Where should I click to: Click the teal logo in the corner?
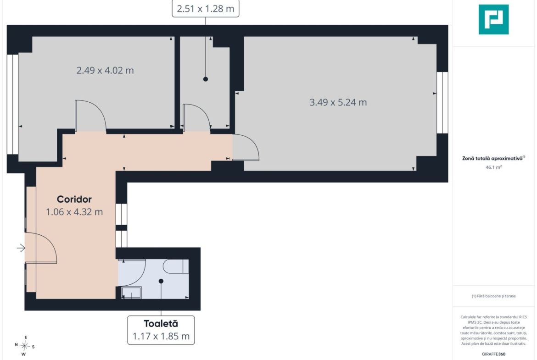pyautogui.click(x=493, y=19)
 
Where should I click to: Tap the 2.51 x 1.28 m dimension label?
pyautogui.click(x=206, y=9)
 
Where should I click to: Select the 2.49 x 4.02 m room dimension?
pyautogui.click(x=105, y=70)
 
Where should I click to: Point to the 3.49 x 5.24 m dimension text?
pyautogui.click(x=338, y=102)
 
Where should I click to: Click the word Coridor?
pyautogui.click(x=74, y=199)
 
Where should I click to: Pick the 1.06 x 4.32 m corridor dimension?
pyautogui.click(x=74, y=212)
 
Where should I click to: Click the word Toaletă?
pyautogui.click(x=161, y=323)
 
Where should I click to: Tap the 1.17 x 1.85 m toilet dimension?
pyautogui.click(x=161, y=336)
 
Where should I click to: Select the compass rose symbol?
pyautogui.click(x=25, y=346)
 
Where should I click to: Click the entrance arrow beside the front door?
pyautogui.click(x=21, y=248)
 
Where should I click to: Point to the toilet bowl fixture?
pyautogui.click(x=176, y=266)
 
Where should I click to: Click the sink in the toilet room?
pyautogui.click(x=132, y=293)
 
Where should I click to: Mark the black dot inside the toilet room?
pyautogui.click(x=161, y=281)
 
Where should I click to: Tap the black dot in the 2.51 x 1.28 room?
pyautogui.click(x=206, y=79)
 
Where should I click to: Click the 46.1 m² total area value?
pyautogui.click(x=493, y=167)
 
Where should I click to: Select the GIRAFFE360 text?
pyautogui.click(x=493, y=354)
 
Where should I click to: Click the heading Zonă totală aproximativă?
pyautogui.click(x=493, y=158)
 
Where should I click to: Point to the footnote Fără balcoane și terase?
pyautogui.click(x=493, y=296)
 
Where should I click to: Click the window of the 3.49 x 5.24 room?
pyautogui.click(x=442, y=103)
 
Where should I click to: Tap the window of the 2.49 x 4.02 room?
pyautogui.click(x=13, y=105)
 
